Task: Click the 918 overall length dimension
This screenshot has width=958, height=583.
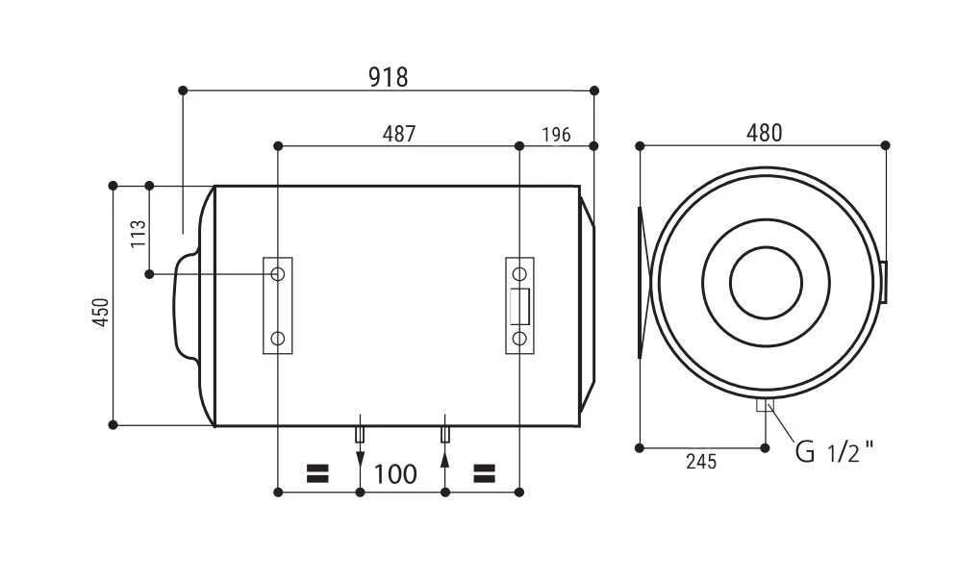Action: (x=388, y=77)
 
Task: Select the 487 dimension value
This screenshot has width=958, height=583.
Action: (x=399, y=134)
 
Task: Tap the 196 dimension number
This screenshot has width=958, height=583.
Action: (x=556, y=135)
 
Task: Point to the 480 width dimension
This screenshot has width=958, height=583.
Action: (x=764, y=133)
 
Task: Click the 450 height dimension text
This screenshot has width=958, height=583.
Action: (x=101, y=312)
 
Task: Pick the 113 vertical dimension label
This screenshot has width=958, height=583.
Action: (x=139, y=234)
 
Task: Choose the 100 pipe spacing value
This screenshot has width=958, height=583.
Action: (x=394, y=474)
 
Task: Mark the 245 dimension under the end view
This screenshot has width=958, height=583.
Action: (x=701, y=462)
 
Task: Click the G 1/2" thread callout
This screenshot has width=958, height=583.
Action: (x=834, y=452)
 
